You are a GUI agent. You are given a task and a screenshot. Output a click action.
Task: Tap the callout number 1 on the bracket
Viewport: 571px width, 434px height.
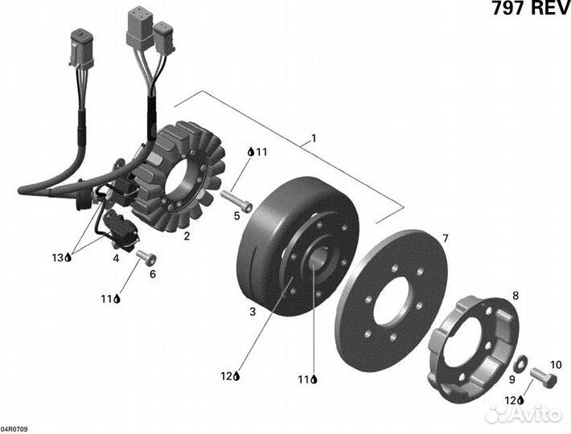(314, 138)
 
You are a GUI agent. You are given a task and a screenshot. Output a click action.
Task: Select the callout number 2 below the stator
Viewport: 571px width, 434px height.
(186, 236)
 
